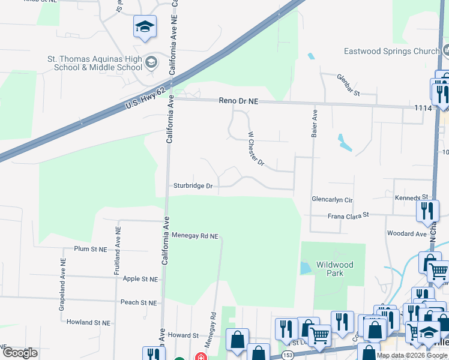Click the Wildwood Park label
click(x=334, y=268)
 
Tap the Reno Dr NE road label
click(x=238, y=102)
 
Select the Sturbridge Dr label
click(x=193, y=186)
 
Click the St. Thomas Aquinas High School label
click(x=95, y=63)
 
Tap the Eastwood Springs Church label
click(x=391, y=52)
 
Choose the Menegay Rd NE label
click(x=194, y=236)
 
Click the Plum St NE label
click(x=90, y=248)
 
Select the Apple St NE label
click(x=140, y=279)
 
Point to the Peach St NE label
click(x=139, y=302)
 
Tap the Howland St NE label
click(x=88, y=322)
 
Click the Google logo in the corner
click(x=20, y=352)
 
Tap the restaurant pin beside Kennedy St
click(x=427, y=210)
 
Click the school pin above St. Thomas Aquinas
click(x=144, y=27)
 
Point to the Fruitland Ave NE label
click(x=118, y=250)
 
